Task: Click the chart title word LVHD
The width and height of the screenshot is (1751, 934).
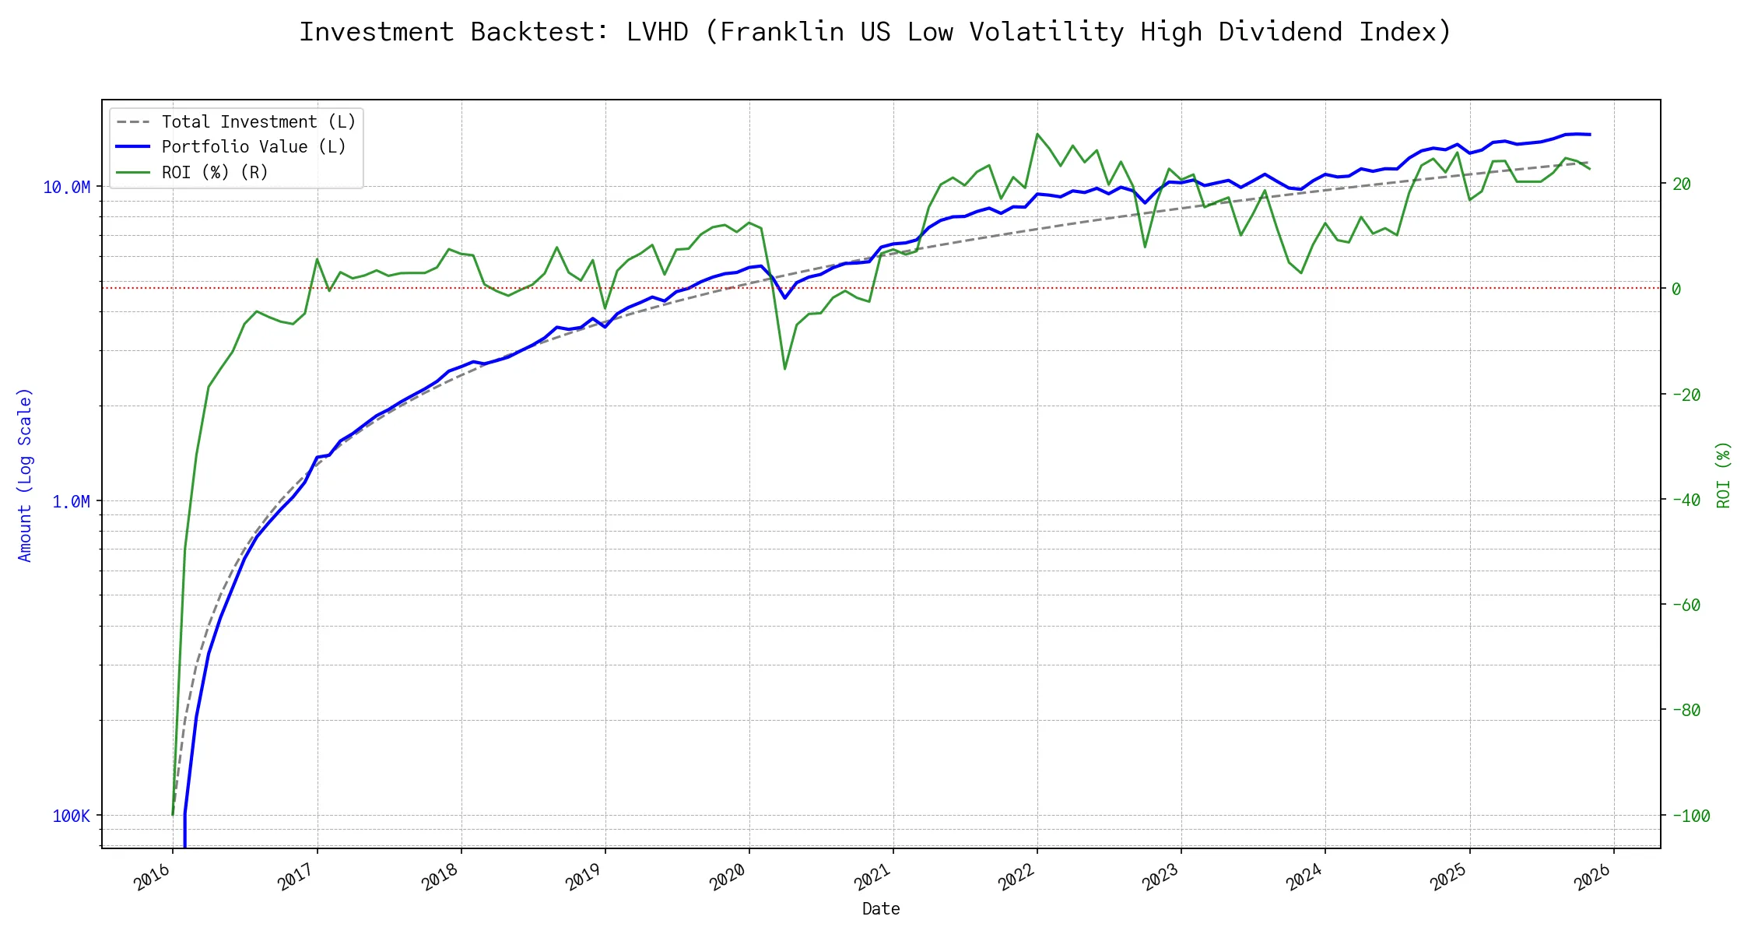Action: coord(657,32)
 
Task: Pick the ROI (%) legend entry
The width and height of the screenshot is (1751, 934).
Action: coord(215,172)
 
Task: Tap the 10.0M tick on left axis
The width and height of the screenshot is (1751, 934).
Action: coord(66,187)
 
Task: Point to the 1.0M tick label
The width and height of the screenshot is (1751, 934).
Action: coord(71,501)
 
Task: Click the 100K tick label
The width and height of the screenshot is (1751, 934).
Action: coord(71,816)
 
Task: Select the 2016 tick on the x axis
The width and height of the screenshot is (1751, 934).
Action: coord(152,879)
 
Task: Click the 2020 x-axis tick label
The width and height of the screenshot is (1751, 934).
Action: coord(728,879)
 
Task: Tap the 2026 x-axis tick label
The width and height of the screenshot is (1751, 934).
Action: coord(1593,879)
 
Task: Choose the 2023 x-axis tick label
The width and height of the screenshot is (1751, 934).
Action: coord(1160,879)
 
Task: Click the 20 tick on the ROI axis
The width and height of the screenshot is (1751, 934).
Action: coord(1682,184)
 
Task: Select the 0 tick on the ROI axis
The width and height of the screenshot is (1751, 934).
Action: coord(1676,289)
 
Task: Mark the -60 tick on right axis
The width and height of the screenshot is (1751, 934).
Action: coord(1686,605)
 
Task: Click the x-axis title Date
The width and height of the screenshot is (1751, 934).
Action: coord(881,908)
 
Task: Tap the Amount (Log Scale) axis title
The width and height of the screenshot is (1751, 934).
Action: coord(25,475)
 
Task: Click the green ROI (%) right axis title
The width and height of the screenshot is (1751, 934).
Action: coord(1724,475)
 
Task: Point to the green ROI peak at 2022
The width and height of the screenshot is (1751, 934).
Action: coord(1037,134)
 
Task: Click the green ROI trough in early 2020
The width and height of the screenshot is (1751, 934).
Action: coord(784,369)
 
